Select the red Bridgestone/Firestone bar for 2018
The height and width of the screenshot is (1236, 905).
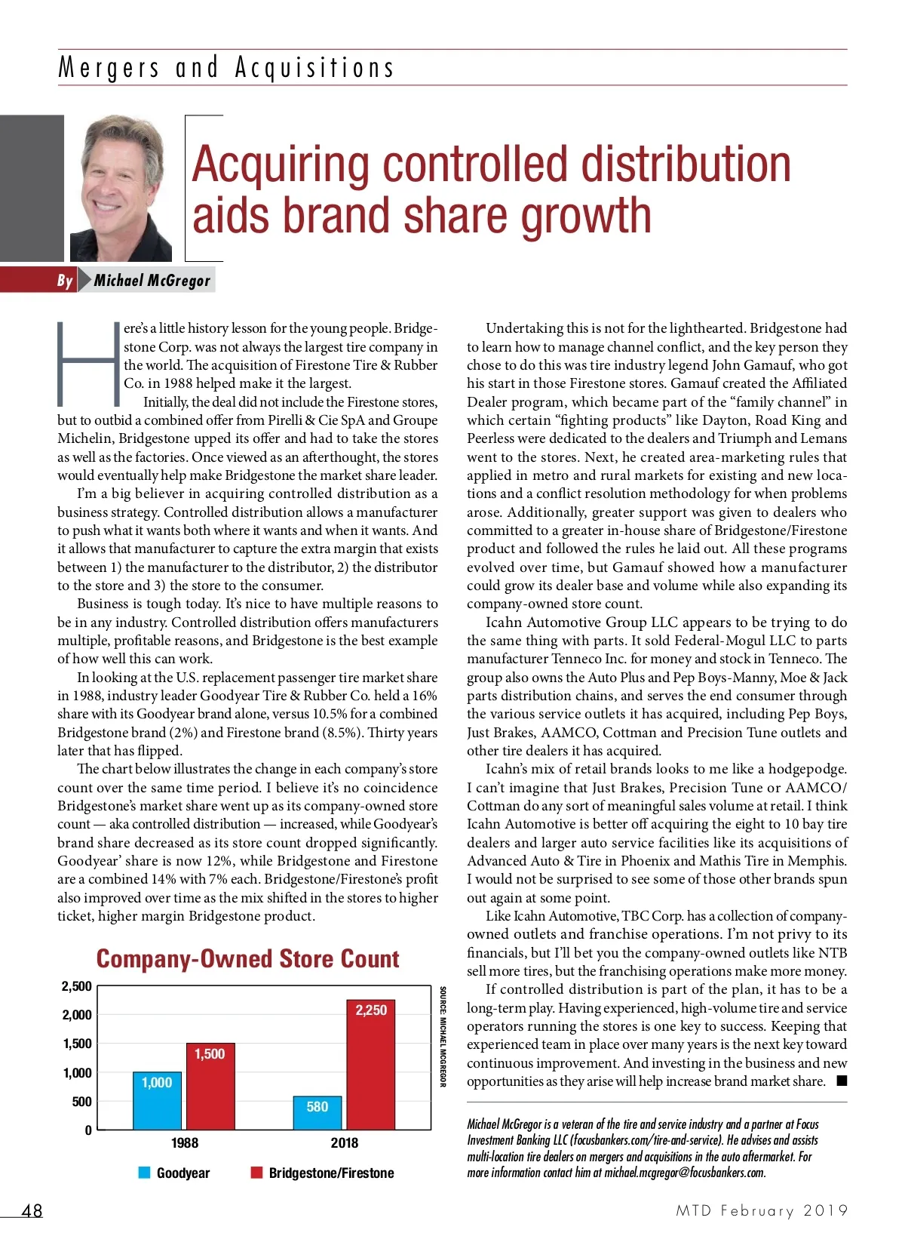coord(371,1064)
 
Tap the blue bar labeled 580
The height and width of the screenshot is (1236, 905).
coord(318,1112)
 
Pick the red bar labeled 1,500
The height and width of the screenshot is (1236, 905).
coord(210,1086)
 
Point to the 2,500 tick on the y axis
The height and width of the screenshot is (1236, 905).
coord(76,986)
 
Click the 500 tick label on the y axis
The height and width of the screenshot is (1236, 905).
coord(81,1102)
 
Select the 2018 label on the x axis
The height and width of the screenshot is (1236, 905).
coord(345,1142)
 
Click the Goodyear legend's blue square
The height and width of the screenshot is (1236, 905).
coord(145,1173)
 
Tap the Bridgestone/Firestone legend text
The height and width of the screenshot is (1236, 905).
coord(331,1173)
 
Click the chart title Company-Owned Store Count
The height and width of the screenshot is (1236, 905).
coord(247,959)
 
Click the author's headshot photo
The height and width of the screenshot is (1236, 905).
coord(121,188)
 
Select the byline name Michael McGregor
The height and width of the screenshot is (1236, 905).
coord(152,281)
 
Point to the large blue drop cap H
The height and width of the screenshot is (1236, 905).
coord(88,364)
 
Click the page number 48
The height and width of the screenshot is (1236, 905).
coord(32,1210)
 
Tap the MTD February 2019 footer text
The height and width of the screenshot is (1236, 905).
coord(762,1210)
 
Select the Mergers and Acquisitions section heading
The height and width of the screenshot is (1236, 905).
coord(226,68)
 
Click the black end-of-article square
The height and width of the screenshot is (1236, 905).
coord(842,1081)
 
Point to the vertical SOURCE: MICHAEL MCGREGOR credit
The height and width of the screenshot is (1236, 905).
coord(443,1036)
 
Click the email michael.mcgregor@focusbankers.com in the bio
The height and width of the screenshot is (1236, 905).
coord(685,1173)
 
